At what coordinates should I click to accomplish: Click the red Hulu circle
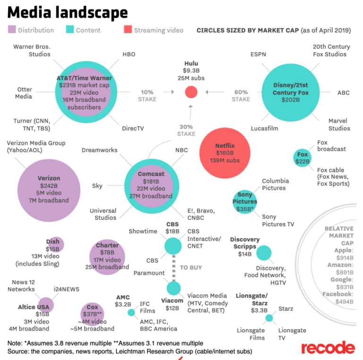[x=191, y=92]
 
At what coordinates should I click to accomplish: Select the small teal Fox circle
[x=302, y=157]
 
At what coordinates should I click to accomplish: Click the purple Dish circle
[x=54, y=245]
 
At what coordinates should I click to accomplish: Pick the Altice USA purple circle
[x=45, y=305]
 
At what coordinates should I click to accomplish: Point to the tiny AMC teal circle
[x=131, y=312]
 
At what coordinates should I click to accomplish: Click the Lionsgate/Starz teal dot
[x=269, y=318]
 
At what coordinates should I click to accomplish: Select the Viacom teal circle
[x=173, y=288]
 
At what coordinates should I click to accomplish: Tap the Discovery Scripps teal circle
[x=264, y=253]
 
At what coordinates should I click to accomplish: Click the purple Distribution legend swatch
[x=11, y=30]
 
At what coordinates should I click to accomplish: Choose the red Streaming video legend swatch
[x=127, y=30]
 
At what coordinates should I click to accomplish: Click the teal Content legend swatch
[x=69, y=30]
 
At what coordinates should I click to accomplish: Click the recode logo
[x=328, y=348]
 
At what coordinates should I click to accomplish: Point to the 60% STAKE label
[x=241, y=95]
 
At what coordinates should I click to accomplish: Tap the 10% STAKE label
[x=147, y=95]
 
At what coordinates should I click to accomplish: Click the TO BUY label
[x=191, y=267]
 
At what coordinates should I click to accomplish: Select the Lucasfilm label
[x=265, y=128]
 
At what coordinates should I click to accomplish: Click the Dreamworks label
[x=99, y=150]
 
